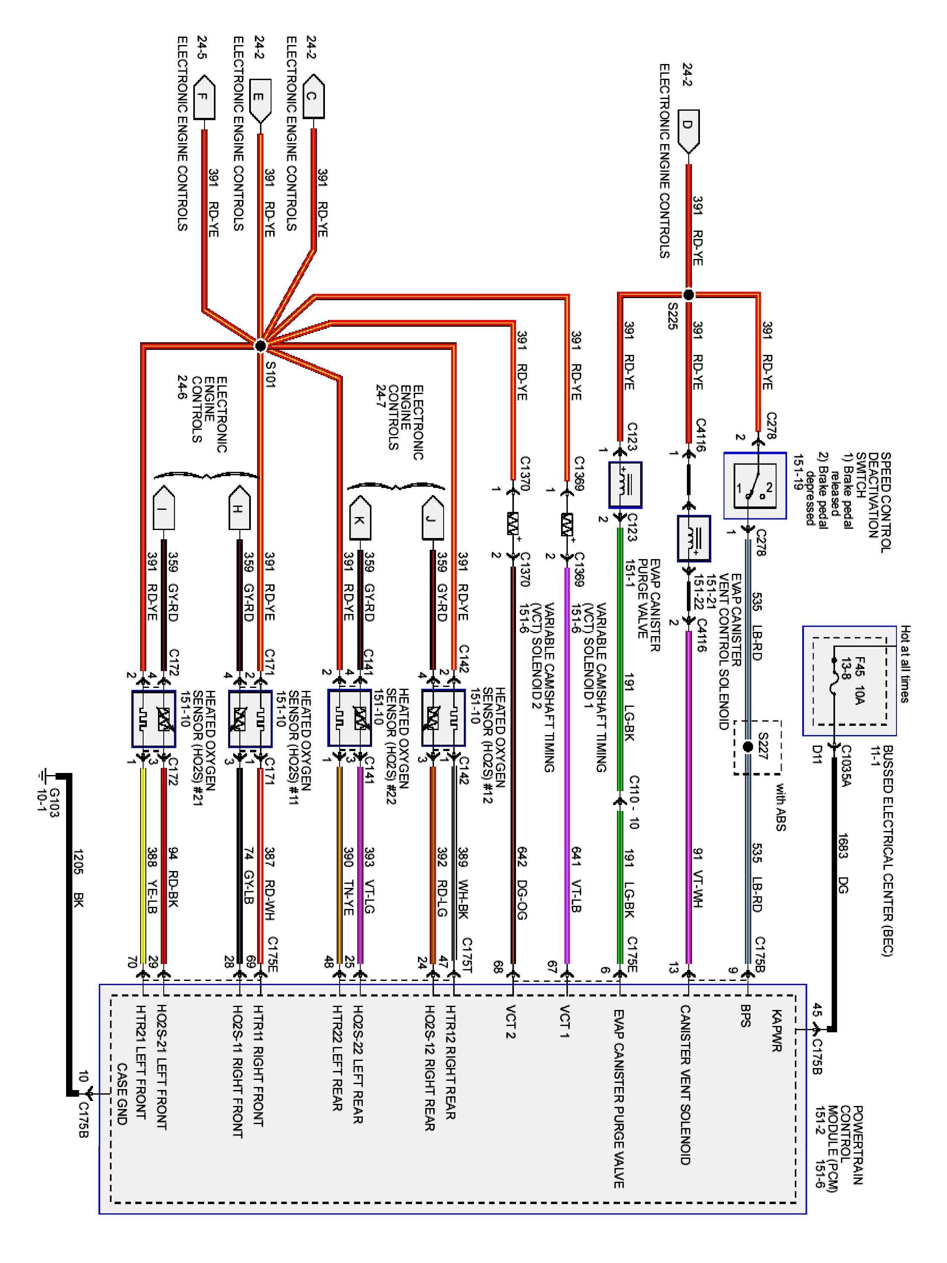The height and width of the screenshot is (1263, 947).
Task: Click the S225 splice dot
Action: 689,295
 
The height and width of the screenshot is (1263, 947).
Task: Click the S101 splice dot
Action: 260,346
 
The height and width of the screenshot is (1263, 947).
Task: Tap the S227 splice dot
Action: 748,747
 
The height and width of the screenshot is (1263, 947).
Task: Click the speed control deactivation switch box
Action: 755,486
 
